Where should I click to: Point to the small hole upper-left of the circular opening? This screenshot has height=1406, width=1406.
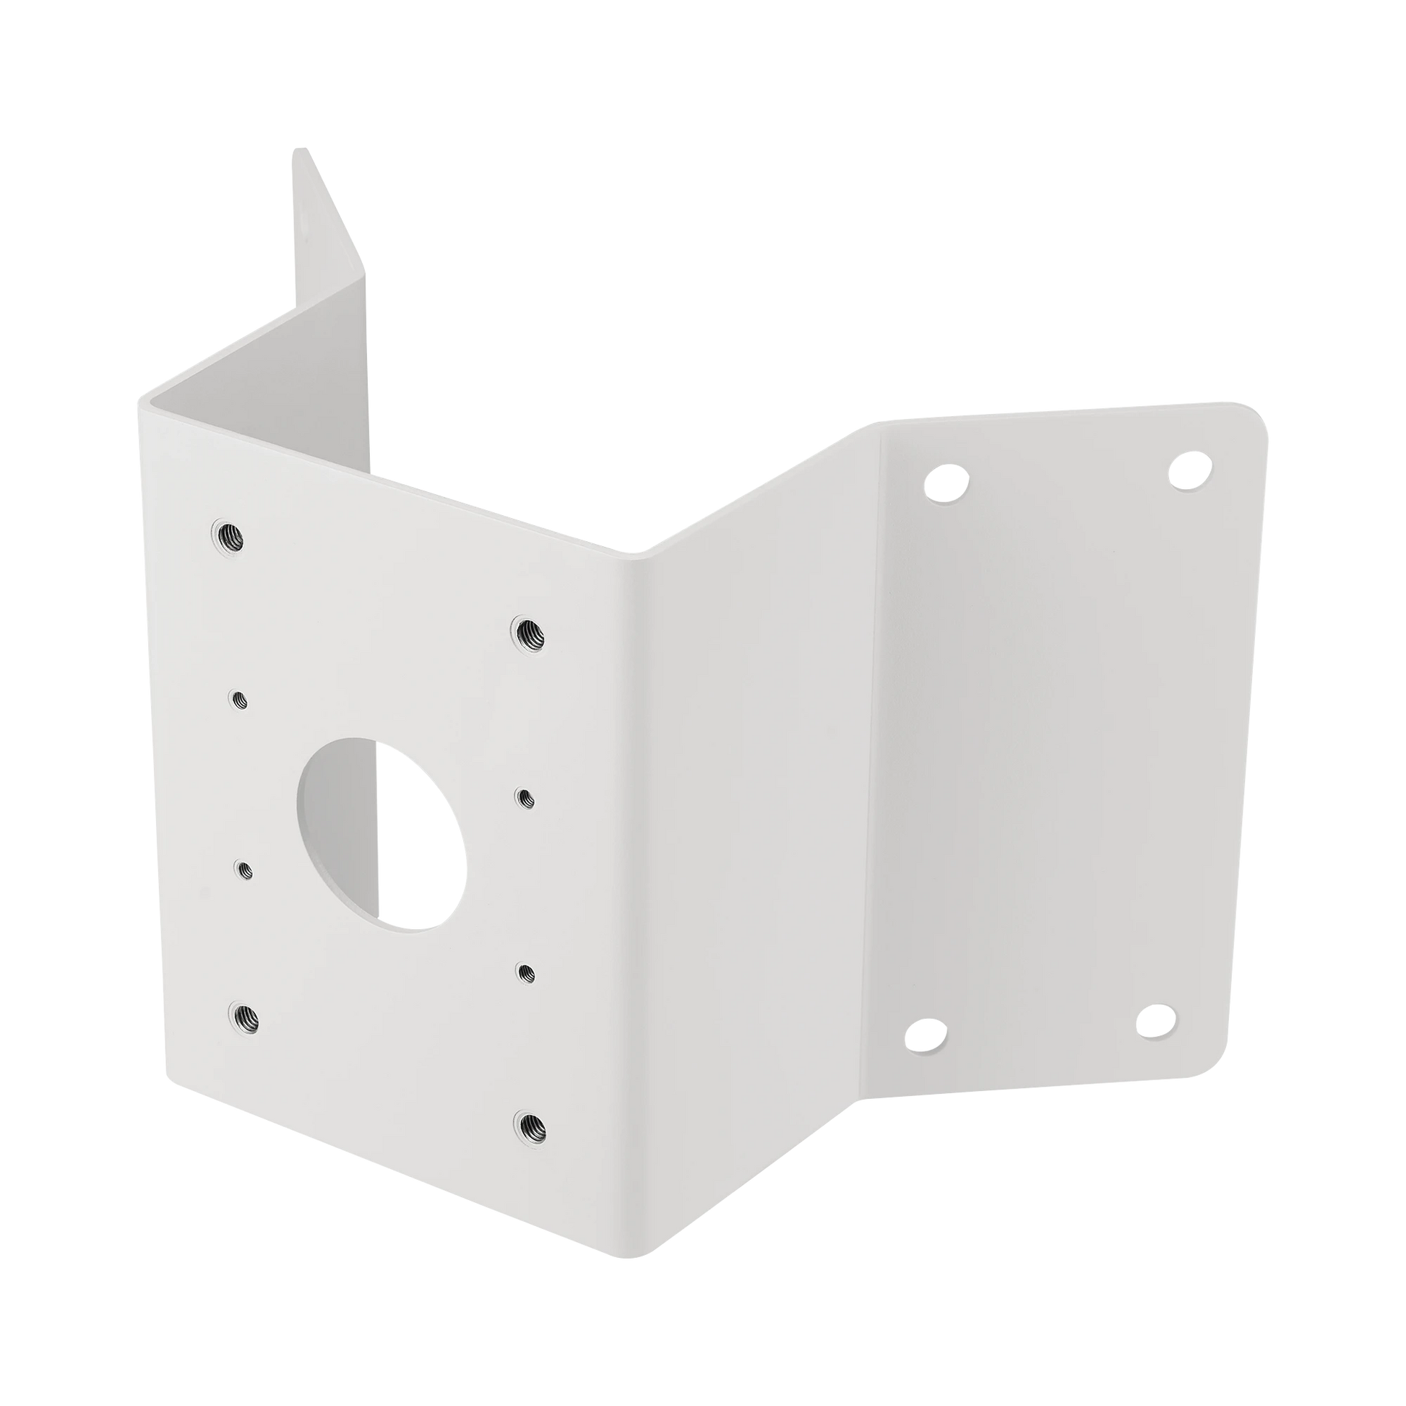tap(238, 699)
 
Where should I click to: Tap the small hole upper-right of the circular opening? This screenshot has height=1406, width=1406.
tap(523, 797)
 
